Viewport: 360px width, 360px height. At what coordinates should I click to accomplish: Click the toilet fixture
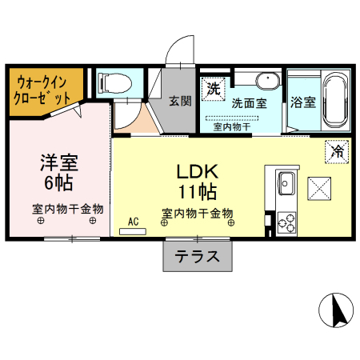coord(114,82)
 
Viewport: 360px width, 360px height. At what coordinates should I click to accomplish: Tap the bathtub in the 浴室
coord(335,101)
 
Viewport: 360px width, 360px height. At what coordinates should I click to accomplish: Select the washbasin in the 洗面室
coord(268,81)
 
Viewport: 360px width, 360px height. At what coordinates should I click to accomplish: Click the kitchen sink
coord(286,183)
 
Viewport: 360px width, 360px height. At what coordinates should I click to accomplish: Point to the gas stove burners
coord(286,222)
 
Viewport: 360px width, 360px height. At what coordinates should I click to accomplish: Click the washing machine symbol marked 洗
coord(213,89)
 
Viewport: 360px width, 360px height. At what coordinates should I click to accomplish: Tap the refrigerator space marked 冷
coord(337,151)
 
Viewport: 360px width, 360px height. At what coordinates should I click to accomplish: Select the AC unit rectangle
coord(133,231)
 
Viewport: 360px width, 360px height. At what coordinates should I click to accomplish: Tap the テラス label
coord(197,256)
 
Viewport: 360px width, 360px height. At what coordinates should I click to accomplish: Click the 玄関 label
coord(180,101)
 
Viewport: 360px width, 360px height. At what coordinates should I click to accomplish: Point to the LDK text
coord(198,171)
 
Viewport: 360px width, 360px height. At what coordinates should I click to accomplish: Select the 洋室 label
coord(59,162)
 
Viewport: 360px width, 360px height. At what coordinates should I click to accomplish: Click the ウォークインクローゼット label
coord(42,90)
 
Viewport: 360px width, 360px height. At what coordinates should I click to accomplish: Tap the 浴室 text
coord(303,102)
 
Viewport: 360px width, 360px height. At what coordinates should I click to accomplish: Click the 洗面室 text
coord(250,103)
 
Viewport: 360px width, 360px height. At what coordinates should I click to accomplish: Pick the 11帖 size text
coord(198,191)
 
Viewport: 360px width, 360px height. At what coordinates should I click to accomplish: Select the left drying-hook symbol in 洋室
coord(41,221)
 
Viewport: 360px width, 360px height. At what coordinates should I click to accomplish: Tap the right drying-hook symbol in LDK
coord(231,222)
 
